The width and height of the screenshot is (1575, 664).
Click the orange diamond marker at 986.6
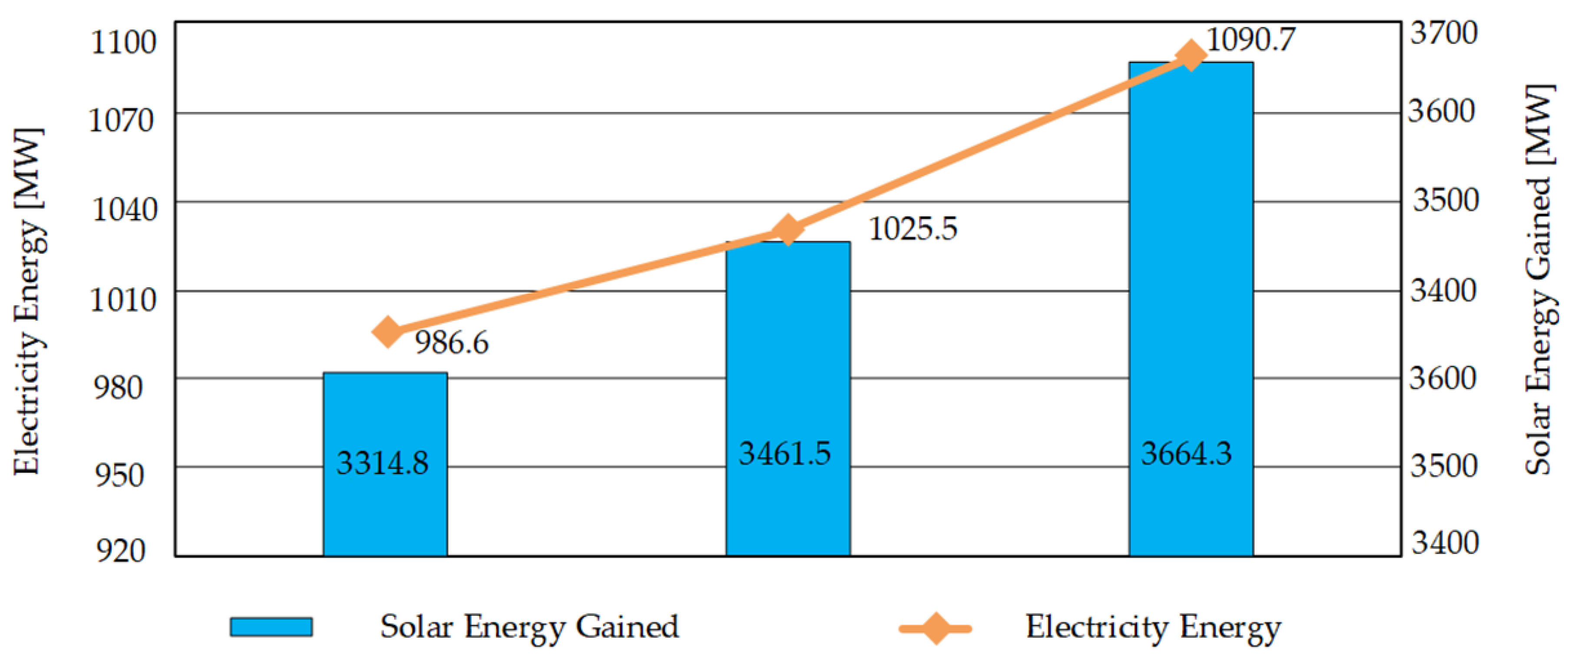[x=387, y=332]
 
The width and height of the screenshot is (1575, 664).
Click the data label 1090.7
[x=1251, y=40]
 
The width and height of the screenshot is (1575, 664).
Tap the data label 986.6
[x=451, y=342]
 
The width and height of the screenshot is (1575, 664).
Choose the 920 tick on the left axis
[x=120, y=551]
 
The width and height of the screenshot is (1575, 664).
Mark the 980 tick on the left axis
[x=118, y=388]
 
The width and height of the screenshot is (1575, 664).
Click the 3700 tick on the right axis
[x=1443, y=33]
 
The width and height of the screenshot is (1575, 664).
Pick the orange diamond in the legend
[x=935, y=628]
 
